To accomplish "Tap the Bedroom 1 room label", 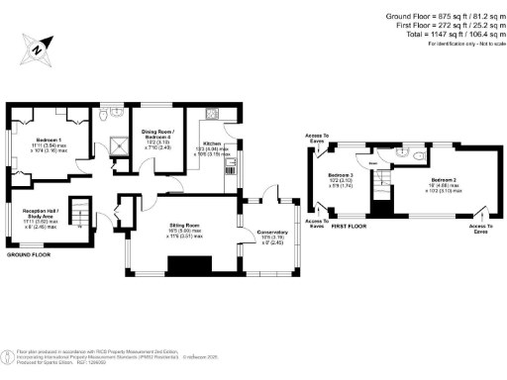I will coord(50,141).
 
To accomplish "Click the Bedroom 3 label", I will coord(340,173).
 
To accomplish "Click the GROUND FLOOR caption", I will coord(27,254).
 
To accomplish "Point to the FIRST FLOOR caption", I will coord(351,227).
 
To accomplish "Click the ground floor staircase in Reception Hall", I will coord(84,223).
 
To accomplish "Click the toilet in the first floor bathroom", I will coord(421,155).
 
